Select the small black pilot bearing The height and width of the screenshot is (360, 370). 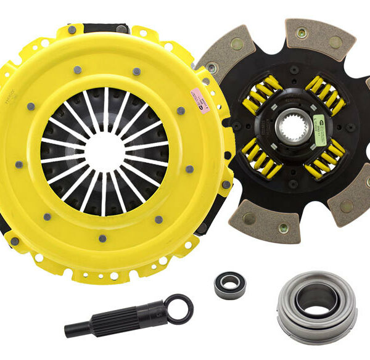click(x=229, y=284)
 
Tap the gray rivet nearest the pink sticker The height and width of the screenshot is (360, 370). click(x=181, y=111)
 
